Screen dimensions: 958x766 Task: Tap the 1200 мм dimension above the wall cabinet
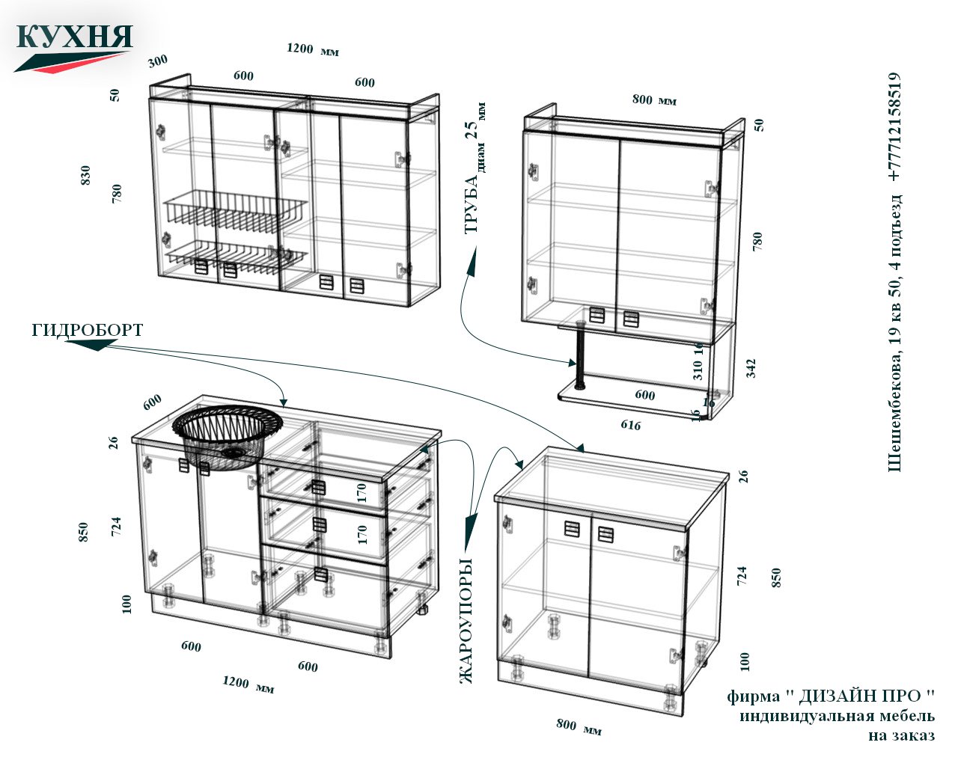(313, 49)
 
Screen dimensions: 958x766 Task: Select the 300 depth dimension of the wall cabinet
(158, 61)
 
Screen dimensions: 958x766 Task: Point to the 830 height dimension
(85, 175)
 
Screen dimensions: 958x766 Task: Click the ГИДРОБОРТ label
(88, 330)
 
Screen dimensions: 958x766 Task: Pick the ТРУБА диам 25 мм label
(475, 168)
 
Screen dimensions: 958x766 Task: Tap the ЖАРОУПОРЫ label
(466, 620)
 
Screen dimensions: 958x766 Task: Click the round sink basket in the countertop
(228, 436)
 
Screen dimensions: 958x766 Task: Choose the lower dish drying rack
(237, 258)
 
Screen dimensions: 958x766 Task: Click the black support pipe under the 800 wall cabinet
(581, 355)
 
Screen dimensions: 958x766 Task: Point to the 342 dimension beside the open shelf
(751, 369)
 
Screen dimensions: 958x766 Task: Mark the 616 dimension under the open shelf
(631, 425)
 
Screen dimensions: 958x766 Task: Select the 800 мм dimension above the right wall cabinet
(654, 99)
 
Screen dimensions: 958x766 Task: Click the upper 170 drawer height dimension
(361, 493)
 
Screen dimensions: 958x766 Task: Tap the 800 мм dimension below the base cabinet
(579, 727)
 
